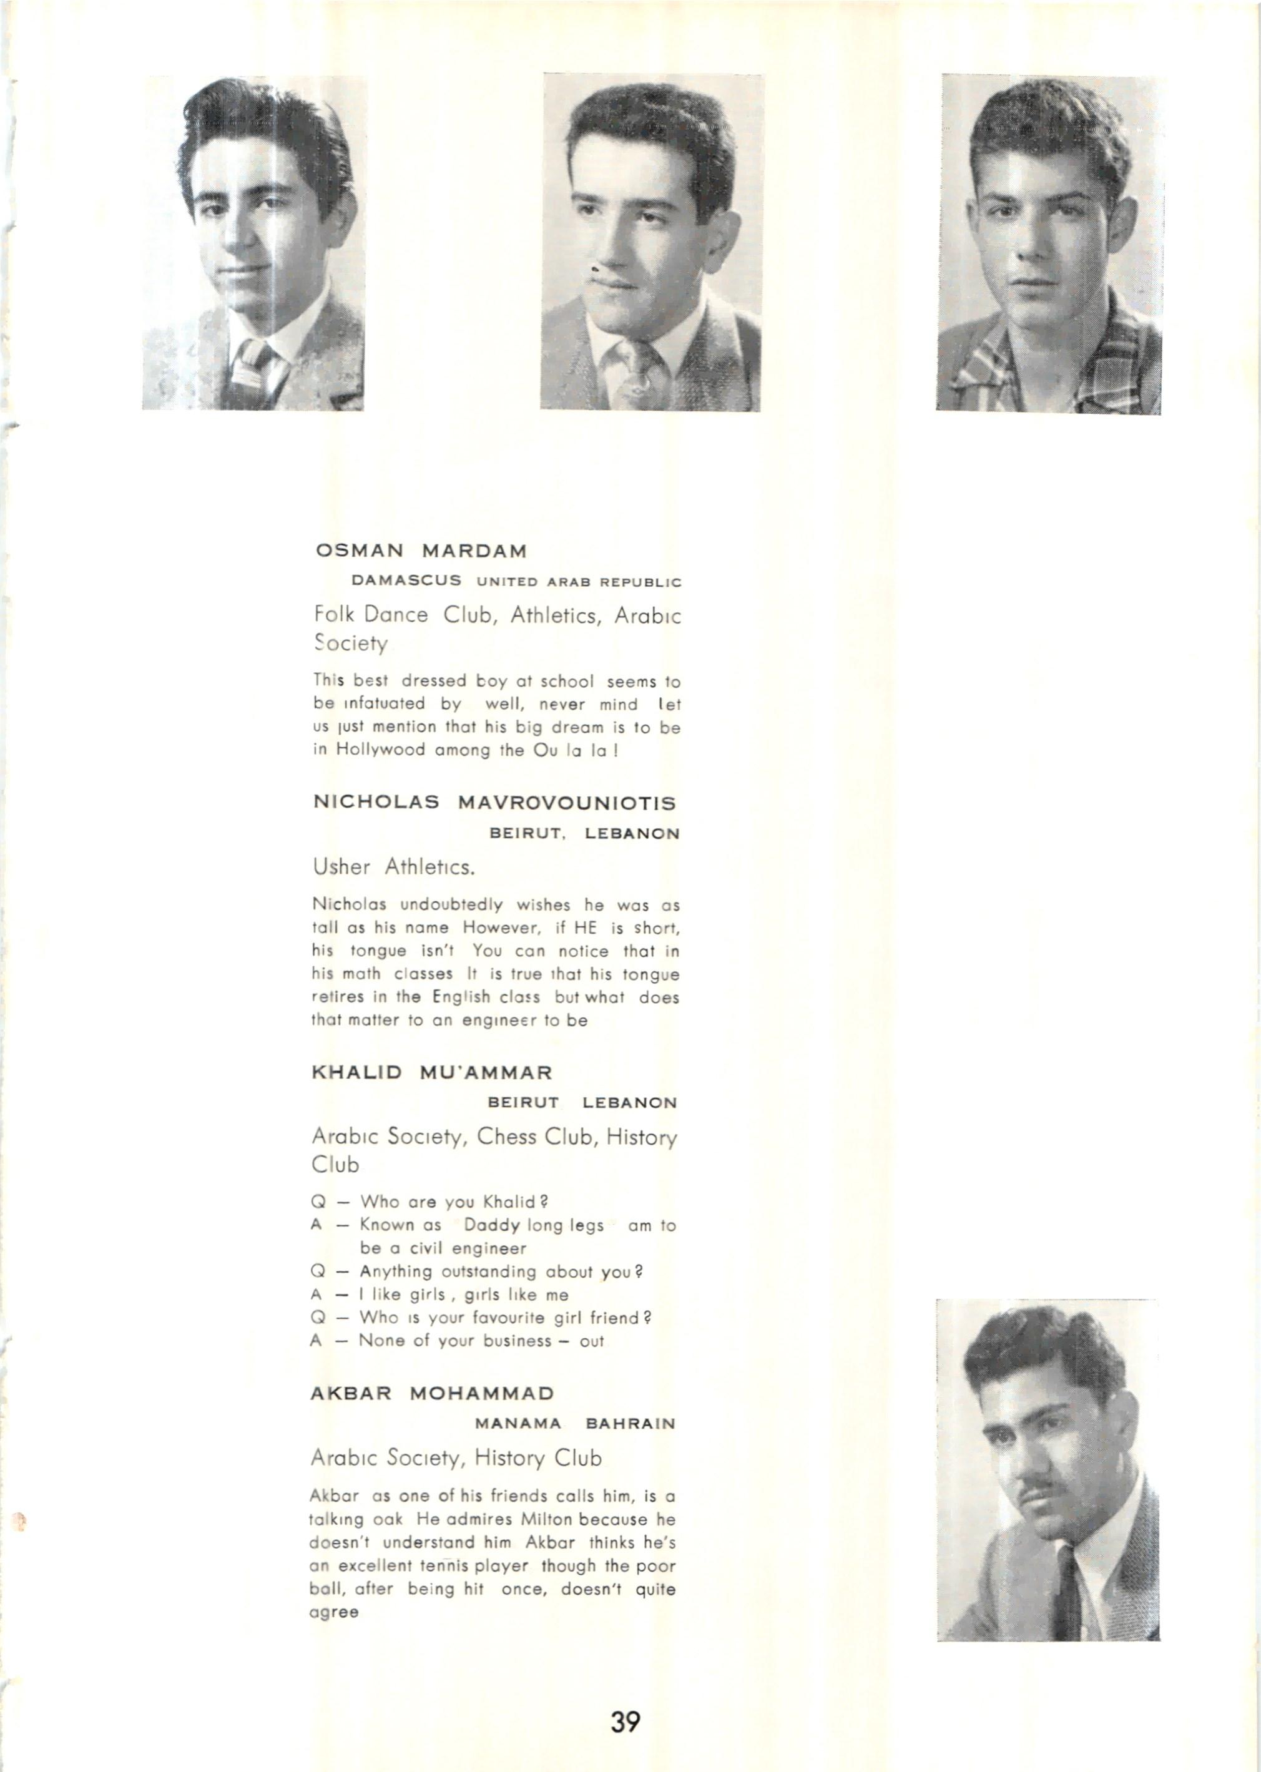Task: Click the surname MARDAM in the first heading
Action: point(474,551)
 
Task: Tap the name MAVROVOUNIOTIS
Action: point(567,803)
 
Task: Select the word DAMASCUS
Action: point(407,580)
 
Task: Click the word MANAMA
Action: point(518,1424)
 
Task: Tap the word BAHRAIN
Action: point(630,1424)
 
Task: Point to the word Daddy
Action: point(493,1226)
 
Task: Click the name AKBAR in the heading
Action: point(350,1393)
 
